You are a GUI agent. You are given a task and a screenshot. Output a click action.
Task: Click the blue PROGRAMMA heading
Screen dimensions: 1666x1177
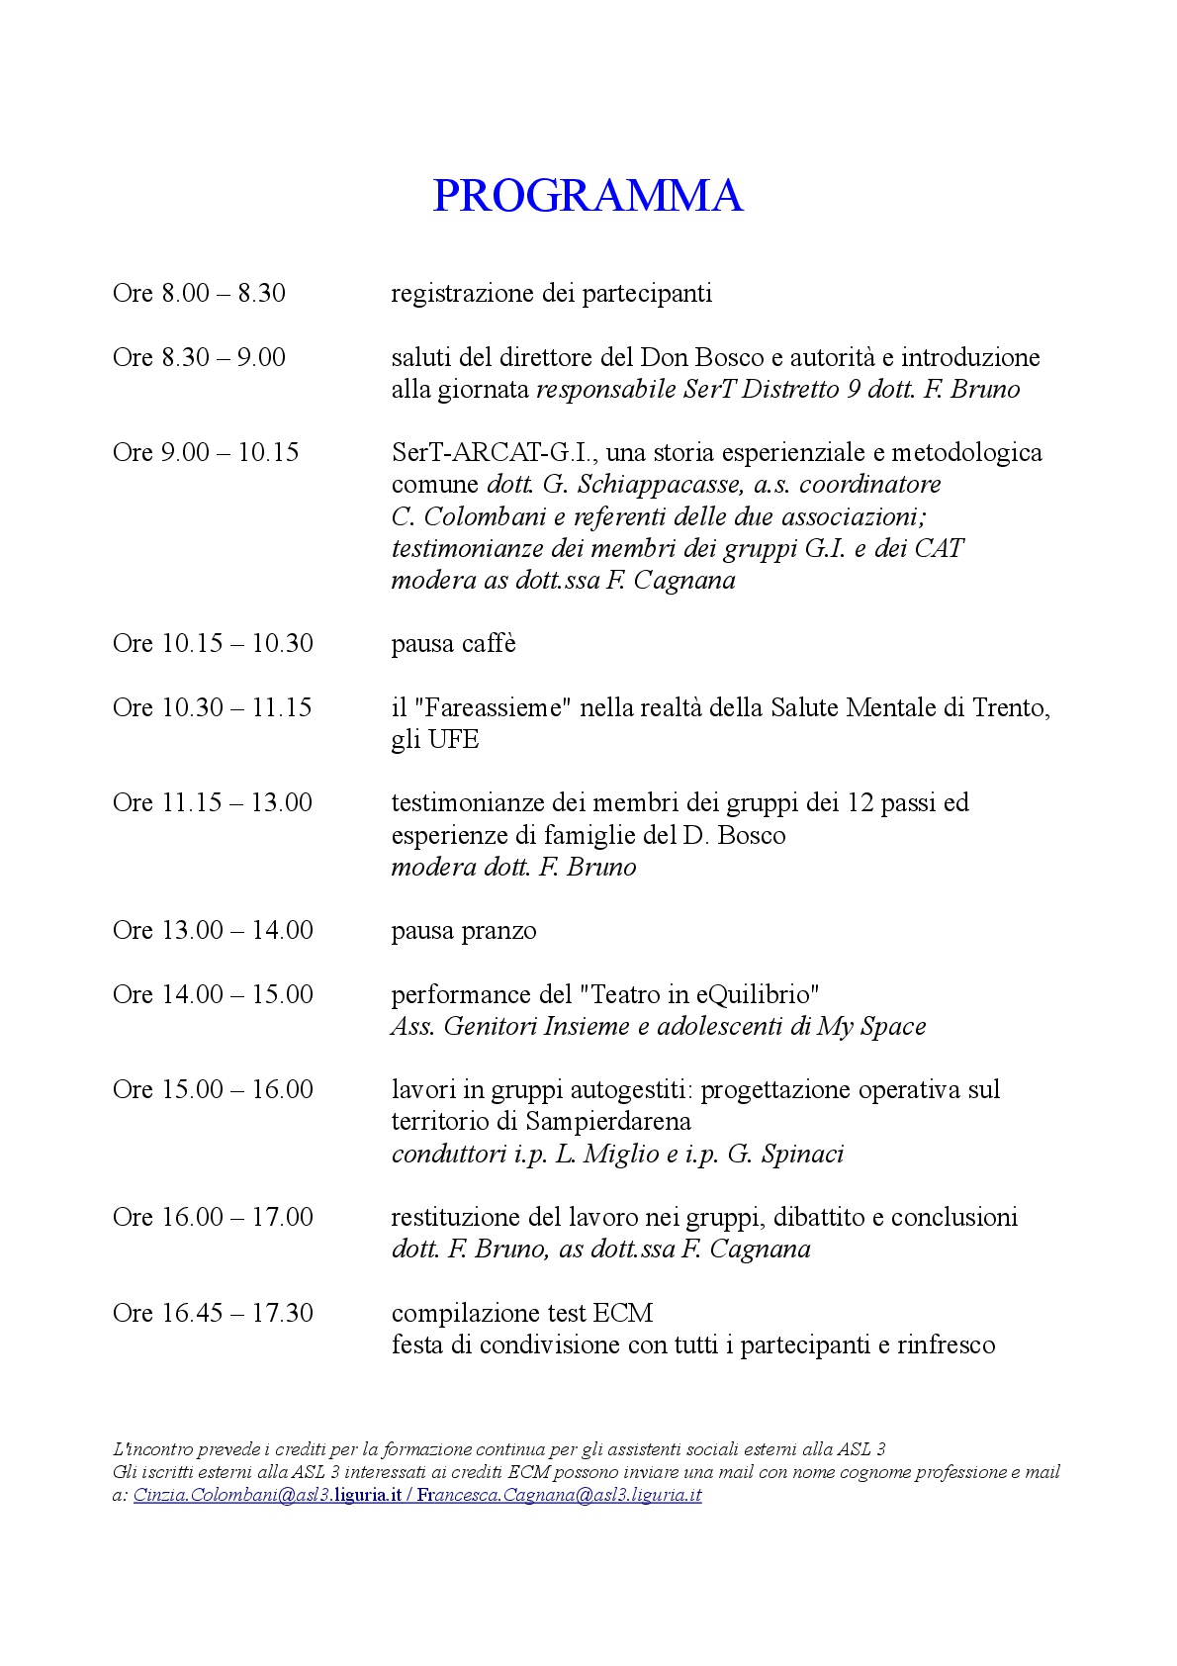tap(588, 196)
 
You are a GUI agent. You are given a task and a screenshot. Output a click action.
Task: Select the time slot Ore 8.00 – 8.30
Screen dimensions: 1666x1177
tap(199, 293)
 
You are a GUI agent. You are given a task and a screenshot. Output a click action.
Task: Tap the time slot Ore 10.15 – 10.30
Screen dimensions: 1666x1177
tap(213, 643)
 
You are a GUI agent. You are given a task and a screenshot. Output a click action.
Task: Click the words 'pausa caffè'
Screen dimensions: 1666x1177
tap(453, 644)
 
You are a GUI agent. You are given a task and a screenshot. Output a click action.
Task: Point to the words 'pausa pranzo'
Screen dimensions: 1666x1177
tap(464, 931)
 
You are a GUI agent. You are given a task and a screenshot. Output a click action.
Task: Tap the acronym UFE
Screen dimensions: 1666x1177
tap(454, 739)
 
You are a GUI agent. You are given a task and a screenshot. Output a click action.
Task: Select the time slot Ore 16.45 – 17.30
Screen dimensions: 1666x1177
tap(213, 1313)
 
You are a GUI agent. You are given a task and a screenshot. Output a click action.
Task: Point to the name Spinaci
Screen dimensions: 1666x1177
tap(802, 1155)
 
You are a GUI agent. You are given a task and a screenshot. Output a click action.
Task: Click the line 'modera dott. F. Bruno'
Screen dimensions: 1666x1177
tap(513, 868)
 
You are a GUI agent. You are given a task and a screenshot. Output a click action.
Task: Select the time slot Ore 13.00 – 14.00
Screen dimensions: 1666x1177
tap(213, 931)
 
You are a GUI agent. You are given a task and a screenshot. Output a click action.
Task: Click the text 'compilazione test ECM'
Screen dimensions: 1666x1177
tap(522, 1313)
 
